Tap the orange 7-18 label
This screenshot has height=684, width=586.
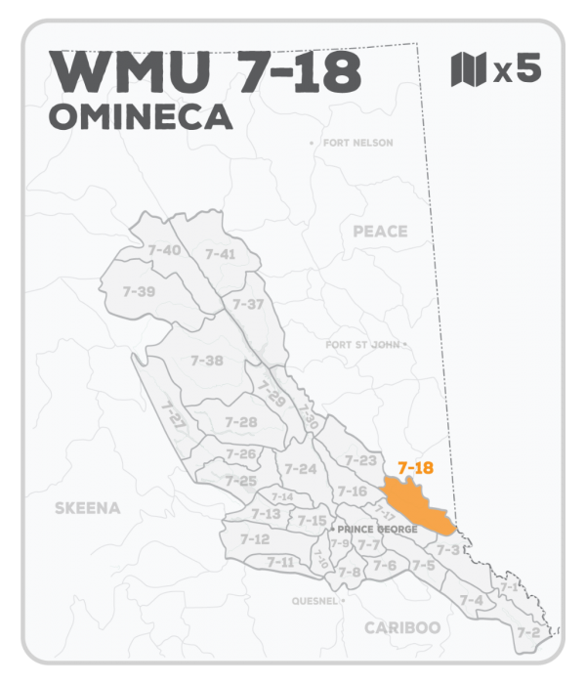[415, 467]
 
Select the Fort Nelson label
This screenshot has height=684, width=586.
[356, 144]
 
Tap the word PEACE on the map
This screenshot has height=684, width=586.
[380, 232]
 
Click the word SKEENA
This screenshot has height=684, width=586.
[87, 508]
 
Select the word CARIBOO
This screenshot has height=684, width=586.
[401, 627]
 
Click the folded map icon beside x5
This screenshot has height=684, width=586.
[469, 70]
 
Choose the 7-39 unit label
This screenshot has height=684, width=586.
[139, 291]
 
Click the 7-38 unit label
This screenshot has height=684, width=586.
[207, 361]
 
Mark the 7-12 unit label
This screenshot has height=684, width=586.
[254, 538]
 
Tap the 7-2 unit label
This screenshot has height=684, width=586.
[528, 632]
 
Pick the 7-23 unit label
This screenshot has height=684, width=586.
[360, 460]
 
